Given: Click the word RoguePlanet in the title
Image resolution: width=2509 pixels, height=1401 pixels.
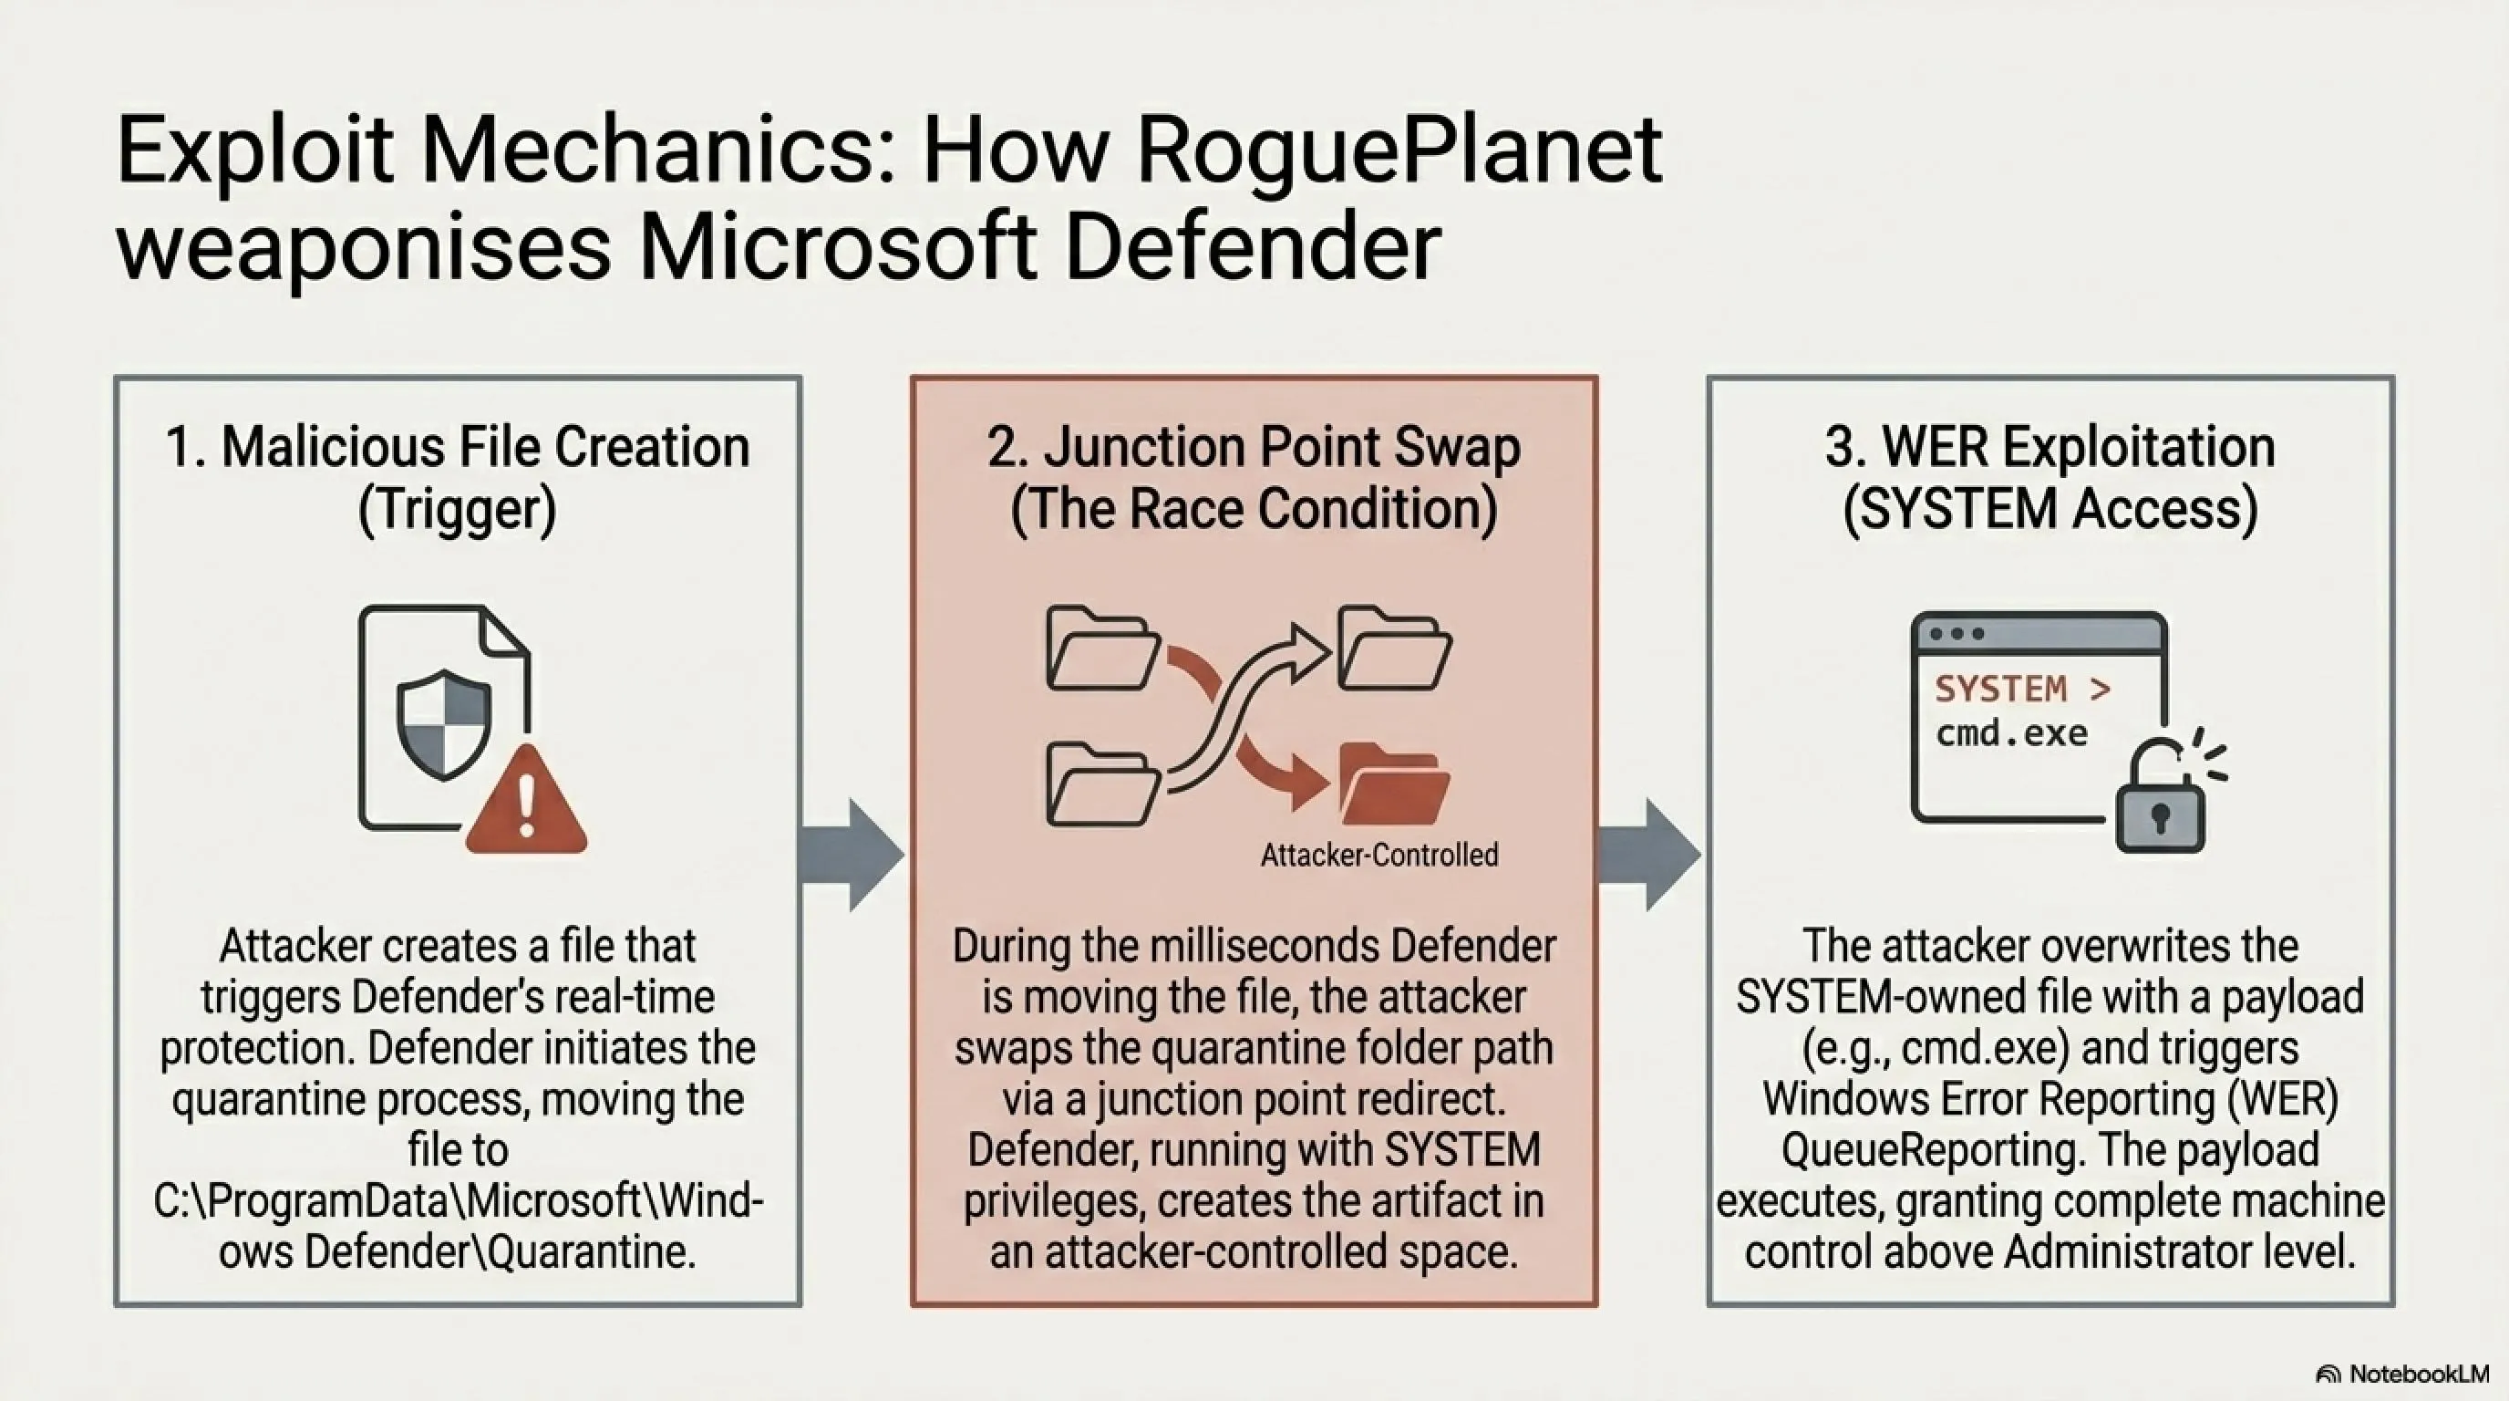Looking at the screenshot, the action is (1399, 152).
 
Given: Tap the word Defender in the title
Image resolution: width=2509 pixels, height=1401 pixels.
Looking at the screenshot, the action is (1253, 245).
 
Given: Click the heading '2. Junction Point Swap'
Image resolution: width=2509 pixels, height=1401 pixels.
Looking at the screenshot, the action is (1254, 448).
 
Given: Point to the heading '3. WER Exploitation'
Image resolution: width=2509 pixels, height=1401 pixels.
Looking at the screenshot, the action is (2050, 448).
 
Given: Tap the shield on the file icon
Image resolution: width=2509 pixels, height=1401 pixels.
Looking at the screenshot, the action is (444, 724).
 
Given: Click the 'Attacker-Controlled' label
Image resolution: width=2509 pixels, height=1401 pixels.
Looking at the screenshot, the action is (1379, 856).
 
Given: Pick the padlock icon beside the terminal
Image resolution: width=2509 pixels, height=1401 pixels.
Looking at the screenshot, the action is (2162, 799).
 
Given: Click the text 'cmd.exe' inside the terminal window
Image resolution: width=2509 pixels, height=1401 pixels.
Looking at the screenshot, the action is (2011, 732).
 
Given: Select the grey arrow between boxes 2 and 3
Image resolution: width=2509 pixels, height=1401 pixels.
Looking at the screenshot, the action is (1649, 856).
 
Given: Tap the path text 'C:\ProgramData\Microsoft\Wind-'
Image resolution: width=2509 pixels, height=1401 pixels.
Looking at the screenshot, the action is (458, 1200).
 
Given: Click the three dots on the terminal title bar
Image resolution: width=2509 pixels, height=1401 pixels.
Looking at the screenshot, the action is (1957, 634).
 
